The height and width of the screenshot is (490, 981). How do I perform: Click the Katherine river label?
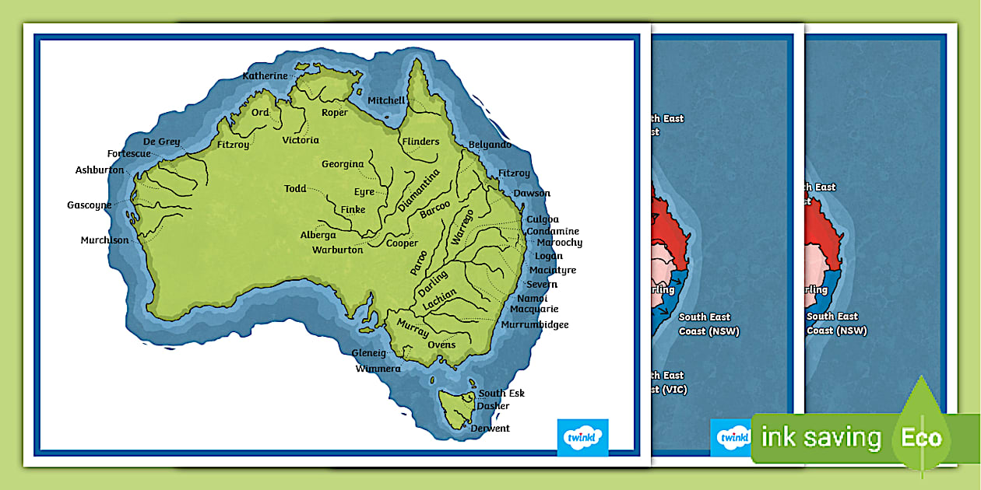coord(265,76)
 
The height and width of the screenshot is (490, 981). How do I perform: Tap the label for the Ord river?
coord(260,113)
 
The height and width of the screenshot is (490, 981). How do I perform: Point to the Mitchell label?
coord(386,100)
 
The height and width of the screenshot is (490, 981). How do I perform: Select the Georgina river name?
coord(343,164)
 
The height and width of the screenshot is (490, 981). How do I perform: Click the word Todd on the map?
coord(295,189)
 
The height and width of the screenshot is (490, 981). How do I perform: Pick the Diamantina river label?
coord(419,191)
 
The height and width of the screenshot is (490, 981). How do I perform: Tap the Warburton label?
coord(337,250)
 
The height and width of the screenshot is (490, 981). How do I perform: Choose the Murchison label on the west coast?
coord(104,240)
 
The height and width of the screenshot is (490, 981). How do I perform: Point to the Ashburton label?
coord(100,170)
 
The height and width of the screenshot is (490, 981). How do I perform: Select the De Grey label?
coord(161,142)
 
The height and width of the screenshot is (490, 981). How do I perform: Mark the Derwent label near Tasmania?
coord(490,429)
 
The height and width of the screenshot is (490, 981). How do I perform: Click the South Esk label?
coord(501,394)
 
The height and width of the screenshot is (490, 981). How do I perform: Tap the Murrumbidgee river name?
coord(535,324)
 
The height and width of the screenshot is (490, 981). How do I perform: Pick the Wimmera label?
coord(378,369)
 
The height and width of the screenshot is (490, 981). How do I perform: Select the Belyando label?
coord(490,145)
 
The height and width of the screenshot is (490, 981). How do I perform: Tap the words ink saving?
coord(821,438)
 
